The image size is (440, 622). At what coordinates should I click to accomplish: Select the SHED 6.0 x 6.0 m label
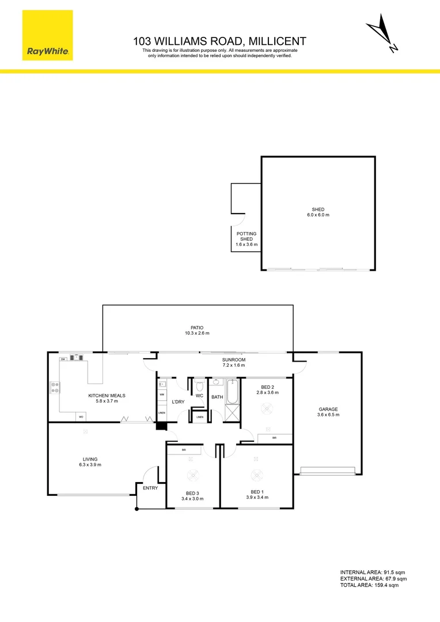318,212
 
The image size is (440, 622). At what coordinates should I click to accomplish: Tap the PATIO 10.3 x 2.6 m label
197,330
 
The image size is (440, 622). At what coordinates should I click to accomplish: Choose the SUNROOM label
234,362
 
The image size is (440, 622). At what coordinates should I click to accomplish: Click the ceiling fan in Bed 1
256,476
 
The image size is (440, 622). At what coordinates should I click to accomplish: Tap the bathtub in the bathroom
232,392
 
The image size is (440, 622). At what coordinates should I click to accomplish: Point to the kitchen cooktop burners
55,388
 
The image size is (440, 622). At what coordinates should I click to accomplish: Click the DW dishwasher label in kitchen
62,359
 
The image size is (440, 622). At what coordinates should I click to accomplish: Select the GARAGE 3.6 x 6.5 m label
328,412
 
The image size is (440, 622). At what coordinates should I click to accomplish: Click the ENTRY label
150,488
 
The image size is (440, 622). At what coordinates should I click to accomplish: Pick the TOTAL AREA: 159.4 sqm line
369,585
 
